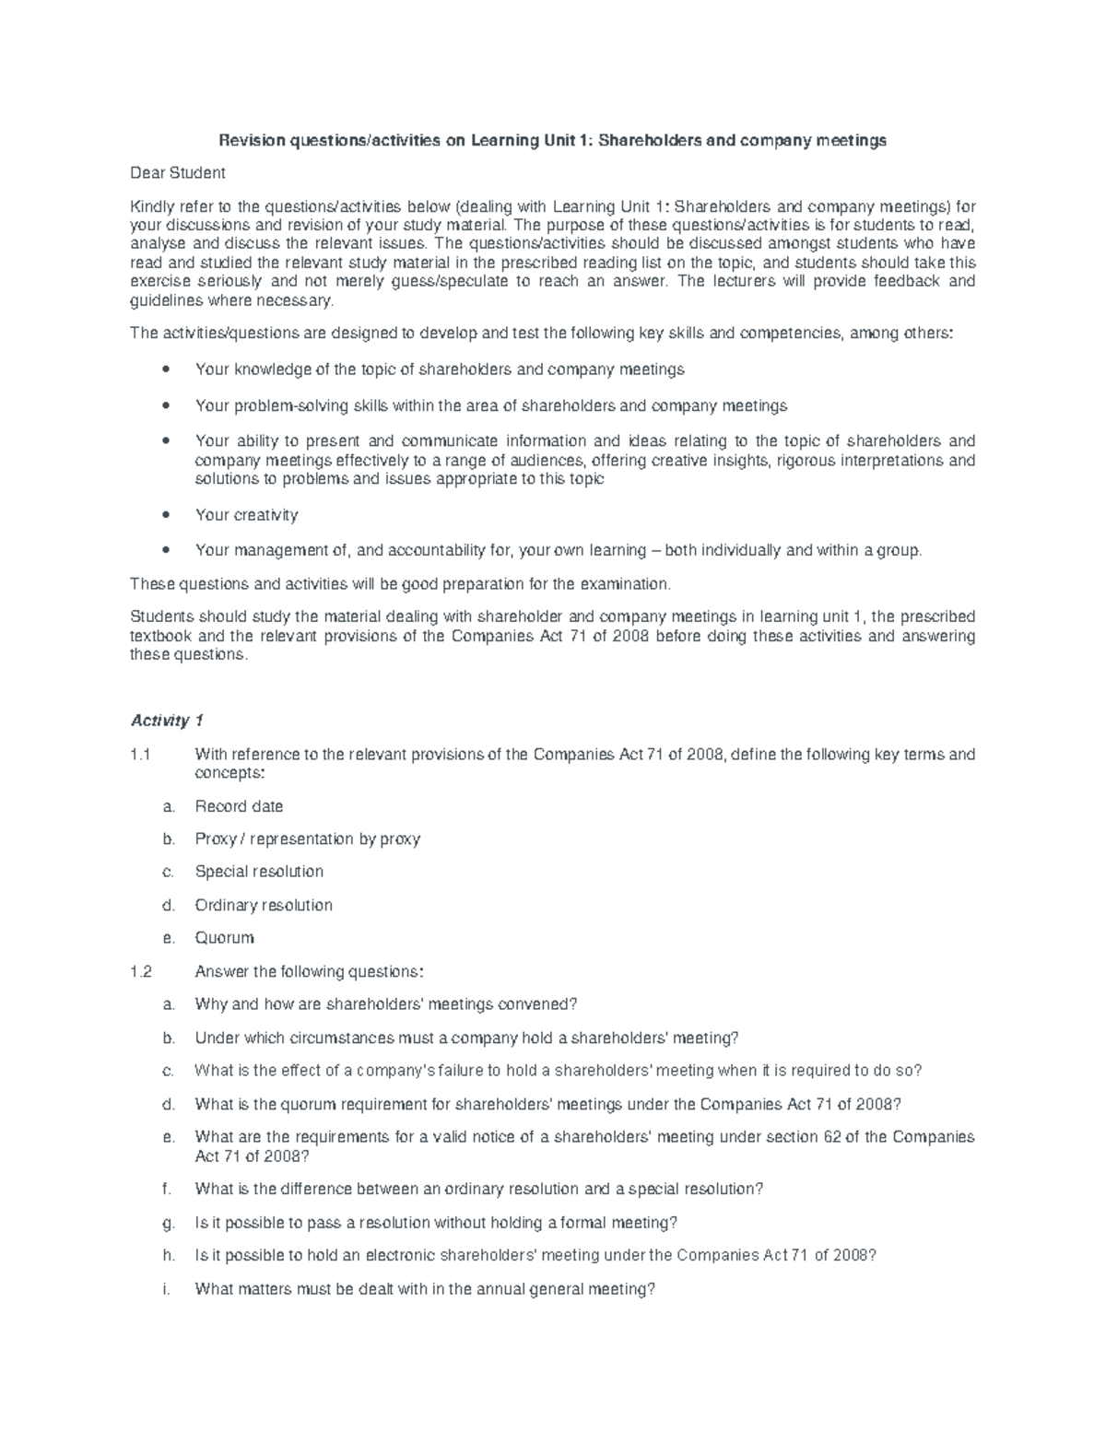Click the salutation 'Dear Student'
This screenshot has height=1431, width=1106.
click(177, 173)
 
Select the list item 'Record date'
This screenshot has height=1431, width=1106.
click(239, 806)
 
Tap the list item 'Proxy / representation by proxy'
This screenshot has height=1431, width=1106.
click(307, 839)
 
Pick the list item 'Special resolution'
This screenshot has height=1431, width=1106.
click(259, 872)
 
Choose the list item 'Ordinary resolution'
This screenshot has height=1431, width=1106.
click(264, 905)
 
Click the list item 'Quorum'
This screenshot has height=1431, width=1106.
click(224, 938)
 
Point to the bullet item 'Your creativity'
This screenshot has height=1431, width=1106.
click(246, 515)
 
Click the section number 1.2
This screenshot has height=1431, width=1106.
click(140, 971)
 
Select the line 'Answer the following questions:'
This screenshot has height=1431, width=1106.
click(310, 971)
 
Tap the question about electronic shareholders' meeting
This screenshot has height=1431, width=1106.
click(535, 1255)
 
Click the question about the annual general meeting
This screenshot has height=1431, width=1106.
click(425, 1289)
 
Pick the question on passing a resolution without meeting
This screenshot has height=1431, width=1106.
click(436, 1223)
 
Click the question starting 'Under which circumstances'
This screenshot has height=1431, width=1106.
click(466, 1038)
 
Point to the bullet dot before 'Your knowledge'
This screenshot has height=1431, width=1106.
click(165, 370)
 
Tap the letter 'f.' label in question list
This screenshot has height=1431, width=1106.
click(166, 1189)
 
